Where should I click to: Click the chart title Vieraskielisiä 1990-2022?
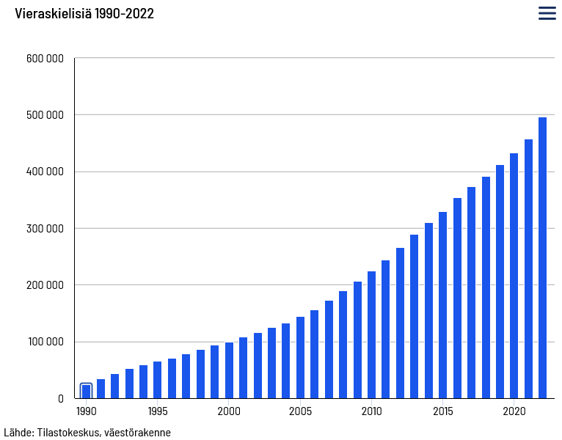point(84,14)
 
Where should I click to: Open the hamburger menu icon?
point(547,13)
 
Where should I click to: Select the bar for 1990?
point(86,392)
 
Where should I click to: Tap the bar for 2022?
point(542,257)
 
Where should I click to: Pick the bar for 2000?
point(229,370)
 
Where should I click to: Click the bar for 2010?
point(372,334)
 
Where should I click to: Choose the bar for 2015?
point(442,305)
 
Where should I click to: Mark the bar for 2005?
point(300,358)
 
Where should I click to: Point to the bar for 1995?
point(157,380)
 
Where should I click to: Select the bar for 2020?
point(514,276)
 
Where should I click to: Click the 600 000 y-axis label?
point(45,59)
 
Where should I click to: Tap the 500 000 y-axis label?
point(45,115)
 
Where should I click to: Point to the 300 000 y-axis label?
point(45,228)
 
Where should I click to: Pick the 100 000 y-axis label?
point(46,342)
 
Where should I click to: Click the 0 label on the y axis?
point(61,398)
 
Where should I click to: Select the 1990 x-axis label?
point(87,411)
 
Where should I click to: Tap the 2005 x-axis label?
point(300,411)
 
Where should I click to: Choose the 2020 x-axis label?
point(514,411)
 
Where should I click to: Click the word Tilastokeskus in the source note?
point(69,432)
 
